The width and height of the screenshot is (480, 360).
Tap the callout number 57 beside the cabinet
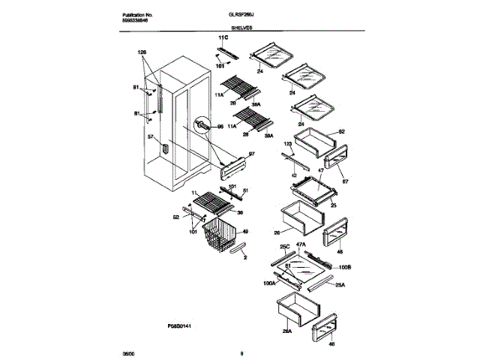(150, 136)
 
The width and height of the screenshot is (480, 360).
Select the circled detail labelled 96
(202, 127)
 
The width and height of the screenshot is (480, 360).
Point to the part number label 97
(251, 153)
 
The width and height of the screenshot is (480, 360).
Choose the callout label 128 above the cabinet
(142, 52)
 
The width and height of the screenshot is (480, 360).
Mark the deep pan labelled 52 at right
(315, 140)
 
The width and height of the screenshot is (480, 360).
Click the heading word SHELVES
(241, 26)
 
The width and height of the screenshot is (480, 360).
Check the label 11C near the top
(222, 37)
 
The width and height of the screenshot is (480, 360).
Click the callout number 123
(287, 143)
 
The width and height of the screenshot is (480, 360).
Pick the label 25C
(284, 245)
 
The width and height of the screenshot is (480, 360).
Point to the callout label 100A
(269, 284)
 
